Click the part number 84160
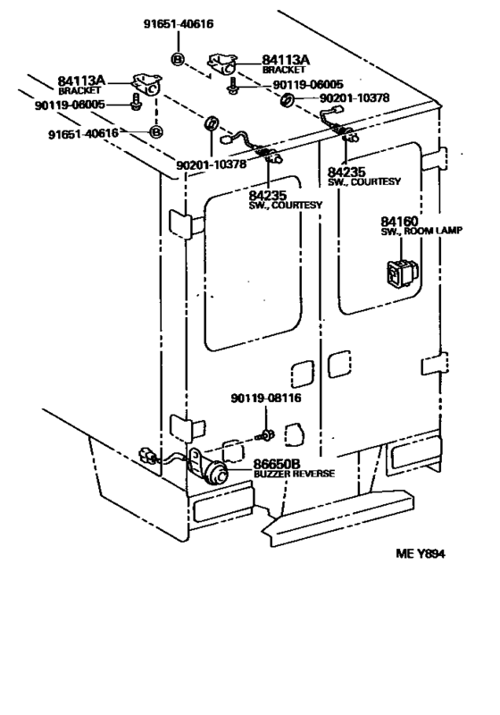coord(399,221)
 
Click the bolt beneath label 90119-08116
coord(265,436)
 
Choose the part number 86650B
coord(278,464)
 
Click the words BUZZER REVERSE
coord(294,475)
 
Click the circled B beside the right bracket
coord(177,60)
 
